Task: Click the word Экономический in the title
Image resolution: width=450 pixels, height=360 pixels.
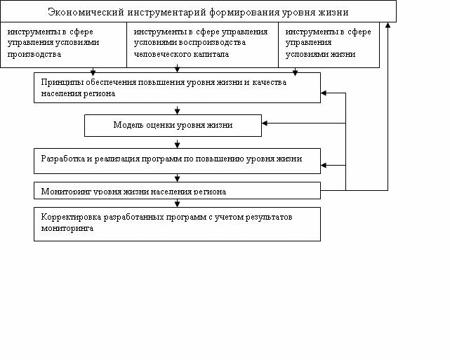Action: pos(86,13)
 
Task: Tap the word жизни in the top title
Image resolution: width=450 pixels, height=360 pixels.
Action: pos(333,13)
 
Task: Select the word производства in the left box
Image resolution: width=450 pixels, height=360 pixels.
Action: pos(34,55)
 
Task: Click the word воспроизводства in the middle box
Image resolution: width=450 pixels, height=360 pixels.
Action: pos(213,42)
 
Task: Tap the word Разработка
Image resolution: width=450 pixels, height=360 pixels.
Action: pos(63,159)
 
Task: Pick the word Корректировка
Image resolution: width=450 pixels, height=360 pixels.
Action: pos(71,217)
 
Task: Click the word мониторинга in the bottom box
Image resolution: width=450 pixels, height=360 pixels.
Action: pos(67,228)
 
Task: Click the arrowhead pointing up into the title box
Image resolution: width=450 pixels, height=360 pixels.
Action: pos(388,25)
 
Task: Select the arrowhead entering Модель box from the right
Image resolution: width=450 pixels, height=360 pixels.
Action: pos(265,123)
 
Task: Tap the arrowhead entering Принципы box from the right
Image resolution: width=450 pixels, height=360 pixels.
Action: pos(324,93)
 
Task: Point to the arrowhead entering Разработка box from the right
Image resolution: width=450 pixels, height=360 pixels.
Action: pos(324,165)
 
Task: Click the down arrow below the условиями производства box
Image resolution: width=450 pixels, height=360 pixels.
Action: pos(93,72)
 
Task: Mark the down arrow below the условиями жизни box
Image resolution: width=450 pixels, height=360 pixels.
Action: pos(295,72)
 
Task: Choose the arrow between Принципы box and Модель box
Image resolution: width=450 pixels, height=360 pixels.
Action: pos(177,110)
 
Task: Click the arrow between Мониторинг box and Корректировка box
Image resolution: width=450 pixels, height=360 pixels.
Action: pos(177,203)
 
